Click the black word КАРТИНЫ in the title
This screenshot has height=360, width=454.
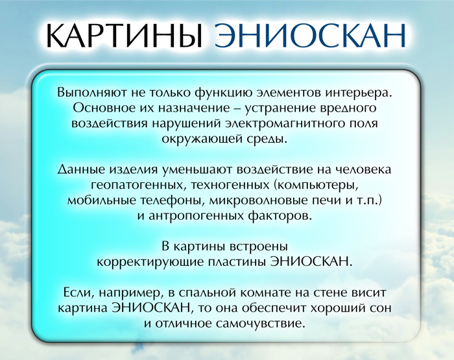pos(124,35)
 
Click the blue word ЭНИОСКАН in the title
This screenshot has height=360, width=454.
pos(310,35)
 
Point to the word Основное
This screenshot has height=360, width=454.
pos(104,108)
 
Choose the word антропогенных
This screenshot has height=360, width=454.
pos(196,216)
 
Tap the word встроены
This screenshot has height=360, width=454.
pos(259,246)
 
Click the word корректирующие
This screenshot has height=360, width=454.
pos(150,262)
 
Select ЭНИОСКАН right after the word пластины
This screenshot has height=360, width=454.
pos(311,261)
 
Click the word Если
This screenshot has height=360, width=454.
pos(80,293)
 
